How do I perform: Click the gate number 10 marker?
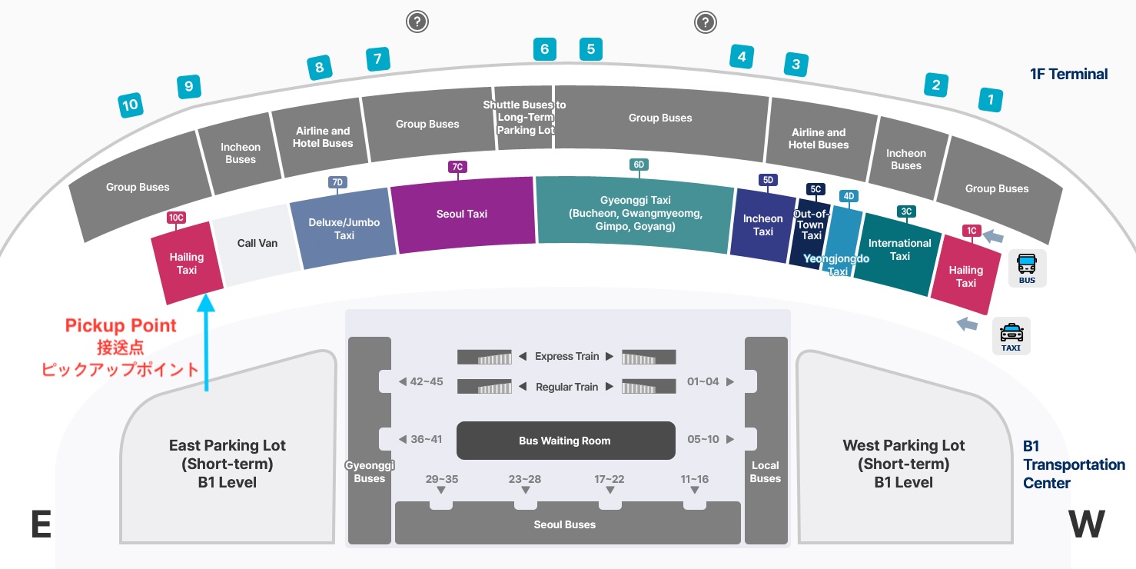point(131,105)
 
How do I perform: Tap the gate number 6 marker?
point(544,50)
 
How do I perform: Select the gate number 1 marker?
point(990,99)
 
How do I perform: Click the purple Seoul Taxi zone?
point(462,215)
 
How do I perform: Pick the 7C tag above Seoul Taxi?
point(457,167)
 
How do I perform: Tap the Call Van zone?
point(257,243)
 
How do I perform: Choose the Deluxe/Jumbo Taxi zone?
point(344,228)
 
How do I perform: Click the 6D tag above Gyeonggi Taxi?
point(638,165)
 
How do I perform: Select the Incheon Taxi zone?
point(762,225)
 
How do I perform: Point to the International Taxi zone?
point(899,251)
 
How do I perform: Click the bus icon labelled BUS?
point(1027,268)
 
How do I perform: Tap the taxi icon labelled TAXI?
point(1011,336)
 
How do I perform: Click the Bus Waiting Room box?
point(565,441)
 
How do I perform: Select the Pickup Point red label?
point(121,325)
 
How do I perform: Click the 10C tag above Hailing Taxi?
point(176,218)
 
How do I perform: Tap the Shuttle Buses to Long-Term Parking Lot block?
point(524,118)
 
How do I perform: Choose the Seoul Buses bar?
point(565,524)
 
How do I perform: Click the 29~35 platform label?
point(441,479)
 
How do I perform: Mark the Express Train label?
point(566,356)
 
